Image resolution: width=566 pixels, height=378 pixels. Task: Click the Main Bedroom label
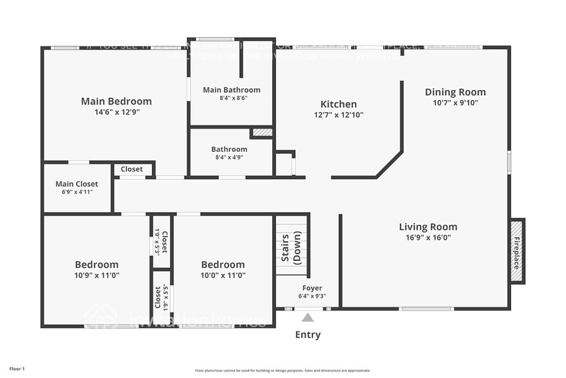116,101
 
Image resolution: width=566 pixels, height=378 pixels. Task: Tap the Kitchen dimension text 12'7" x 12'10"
338,115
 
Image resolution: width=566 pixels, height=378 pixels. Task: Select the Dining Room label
455,92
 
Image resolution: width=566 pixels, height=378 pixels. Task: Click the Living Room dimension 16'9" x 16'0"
428,237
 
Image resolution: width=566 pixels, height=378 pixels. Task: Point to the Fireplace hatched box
517,251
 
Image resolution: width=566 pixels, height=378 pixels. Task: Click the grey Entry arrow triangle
308,318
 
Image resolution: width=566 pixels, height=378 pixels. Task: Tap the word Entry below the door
307,334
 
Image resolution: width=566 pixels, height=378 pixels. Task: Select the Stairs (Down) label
291,248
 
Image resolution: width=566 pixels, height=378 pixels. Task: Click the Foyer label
312,288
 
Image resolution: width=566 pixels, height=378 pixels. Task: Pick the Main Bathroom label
232,90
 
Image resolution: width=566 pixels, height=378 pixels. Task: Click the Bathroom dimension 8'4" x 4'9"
229,157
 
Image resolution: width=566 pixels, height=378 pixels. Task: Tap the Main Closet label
77,184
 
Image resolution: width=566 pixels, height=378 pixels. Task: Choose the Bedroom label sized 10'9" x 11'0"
96,264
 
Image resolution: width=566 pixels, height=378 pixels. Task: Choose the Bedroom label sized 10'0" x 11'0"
223,264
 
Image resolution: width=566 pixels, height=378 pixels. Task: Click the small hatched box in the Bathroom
262,132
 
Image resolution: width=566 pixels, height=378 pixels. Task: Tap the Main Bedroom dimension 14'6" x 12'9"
116,111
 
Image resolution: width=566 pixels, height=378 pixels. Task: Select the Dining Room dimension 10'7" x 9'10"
455,102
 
